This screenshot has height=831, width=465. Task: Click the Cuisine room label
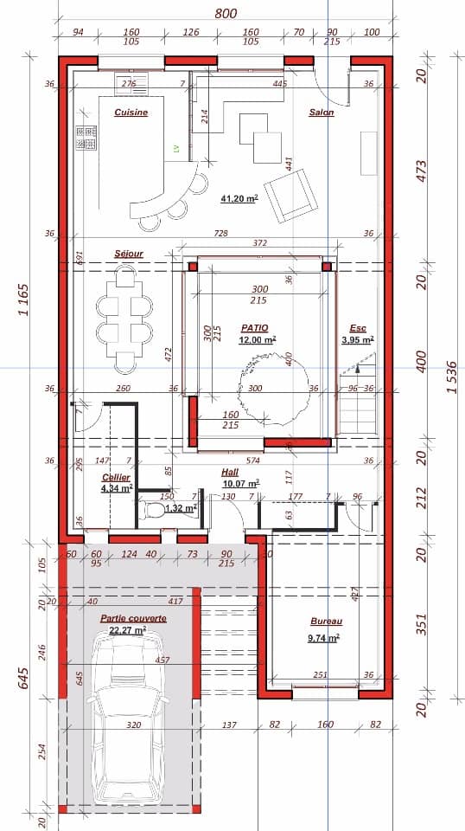click(131, 113)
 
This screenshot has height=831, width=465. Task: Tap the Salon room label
click(321, 113)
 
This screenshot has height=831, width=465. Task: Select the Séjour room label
click(128, 254)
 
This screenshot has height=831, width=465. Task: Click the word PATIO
click(254, 328)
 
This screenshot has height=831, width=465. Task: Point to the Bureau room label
click(326, 622)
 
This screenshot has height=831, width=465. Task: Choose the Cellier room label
click(116, 478)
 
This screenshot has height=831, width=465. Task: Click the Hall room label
click(230, 473)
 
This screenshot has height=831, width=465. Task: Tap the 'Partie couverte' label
click(133, 619)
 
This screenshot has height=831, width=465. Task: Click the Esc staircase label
click(357, 328)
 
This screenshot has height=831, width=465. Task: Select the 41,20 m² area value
click(239, 198)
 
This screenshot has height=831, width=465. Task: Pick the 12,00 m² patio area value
click(257, 340)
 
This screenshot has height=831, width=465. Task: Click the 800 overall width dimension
click(225, 14)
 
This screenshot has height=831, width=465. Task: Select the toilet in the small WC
click(157, 510)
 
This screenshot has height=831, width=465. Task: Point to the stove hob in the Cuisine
click(87, 138)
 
